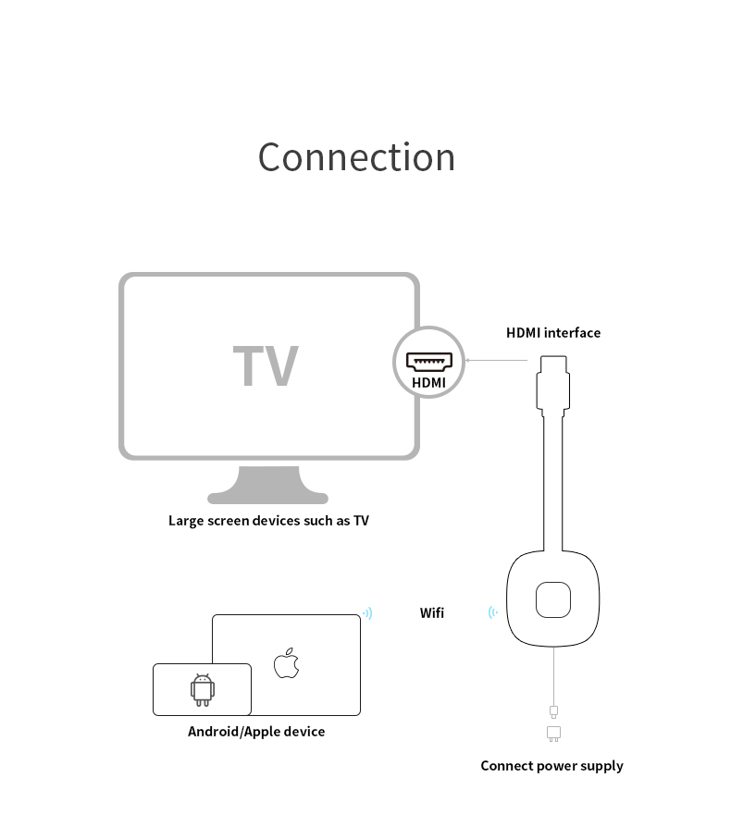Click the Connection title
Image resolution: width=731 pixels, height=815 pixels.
356,157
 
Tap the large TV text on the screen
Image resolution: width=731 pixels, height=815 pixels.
266,366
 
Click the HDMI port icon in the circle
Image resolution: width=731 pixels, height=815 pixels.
427,361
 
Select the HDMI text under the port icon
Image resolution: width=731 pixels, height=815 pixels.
428,382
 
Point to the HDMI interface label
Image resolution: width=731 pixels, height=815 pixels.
552,333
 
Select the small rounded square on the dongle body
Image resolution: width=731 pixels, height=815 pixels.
552,600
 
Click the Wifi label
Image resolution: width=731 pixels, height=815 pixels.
432,612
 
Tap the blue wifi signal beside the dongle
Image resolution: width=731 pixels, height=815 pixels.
493,612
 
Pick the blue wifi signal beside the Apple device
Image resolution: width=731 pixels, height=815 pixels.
368,613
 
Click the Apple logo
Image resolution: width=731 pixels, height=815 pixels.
286,664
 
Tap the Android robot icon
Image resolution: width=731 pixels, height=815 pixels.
202,689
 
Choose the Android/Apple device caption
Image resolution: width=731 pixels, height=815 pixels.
256,732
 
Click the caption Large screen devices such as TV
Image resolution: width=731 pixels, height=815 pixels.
268,521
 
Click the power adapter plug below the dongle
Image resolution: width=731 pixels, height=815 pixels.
553,734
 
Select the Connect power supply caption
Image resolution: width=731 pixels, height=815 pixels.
551,766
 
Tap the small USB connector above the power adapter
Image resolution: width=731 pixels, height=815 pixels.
553,711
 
